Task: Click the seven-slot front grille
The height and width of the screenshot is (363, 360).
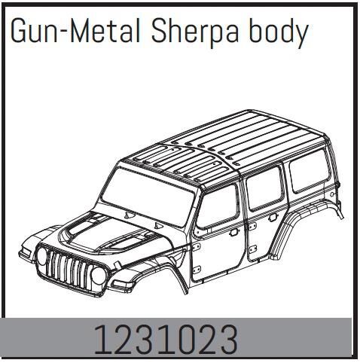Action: [72, 266]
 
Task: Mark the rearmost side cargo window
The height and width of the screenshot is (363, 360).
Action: [304, 172]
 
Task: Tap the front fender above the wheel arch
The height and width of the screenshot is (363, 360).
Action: [151, 256]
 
